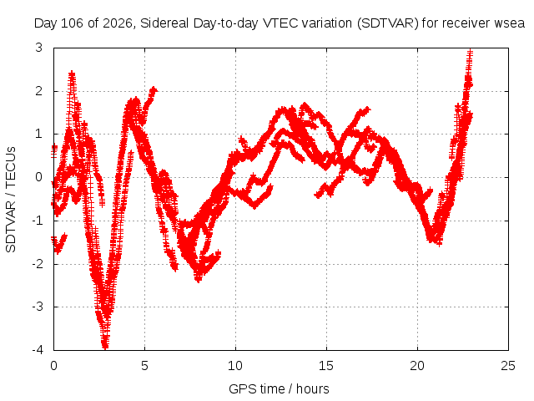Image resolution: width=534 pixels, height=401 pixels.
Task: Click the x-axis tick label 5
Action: pyautogui.click(x=144, y=366)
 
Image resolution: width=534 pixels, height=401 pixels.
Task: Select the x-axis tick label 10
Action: pyautogui.click(x=235, y=366)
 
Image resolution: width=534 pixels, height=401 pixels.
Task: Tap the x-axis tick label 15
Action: pyautogui.click(x=326, y=366)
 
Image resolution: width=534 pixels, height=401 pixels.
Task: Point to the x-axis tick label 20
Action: pyautogui.click(x=417, y=366)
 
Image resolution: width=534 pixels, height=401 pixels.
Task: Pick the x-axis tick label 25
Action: pyautogui.click(x=508, y=366)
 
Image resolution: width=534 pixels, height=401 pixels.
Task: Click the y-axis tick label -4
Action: pyautogui.click(x=38, y=350)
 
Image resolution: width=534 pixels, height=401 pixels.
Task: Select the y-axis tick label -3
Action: pyautogui.click(x=38, y=307)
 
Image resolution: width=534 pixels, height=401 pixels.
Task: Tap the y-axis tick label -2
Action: pyautogui.click(x=38, y=264)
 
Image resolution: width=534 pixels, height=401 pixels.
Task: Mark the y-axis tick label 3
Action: pyautogui.click(x=39, y=48)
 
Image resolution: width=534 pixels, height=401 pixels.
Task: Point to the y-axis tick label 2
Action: pyautogui.click(x=39, y=91)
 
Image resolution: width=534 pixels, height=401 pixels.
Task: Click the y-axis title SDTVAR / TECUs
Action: pyautogui.click(x=11, y=200)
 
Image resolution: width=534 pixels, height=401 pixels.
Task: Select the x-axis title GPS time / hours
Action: pyautogui.click(x=279, y=389)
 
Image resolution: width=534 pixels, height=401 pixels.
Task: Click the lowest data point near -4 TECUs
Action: pyautogui.click(x=105, y=348)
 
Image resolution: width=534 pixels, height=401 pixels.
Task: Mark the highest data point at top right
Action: pyautogui.click(x=470, y=52)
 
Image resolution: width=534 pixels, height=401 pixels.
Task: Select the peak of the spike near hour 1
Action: pyautogui.click(x=72, y=74)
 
